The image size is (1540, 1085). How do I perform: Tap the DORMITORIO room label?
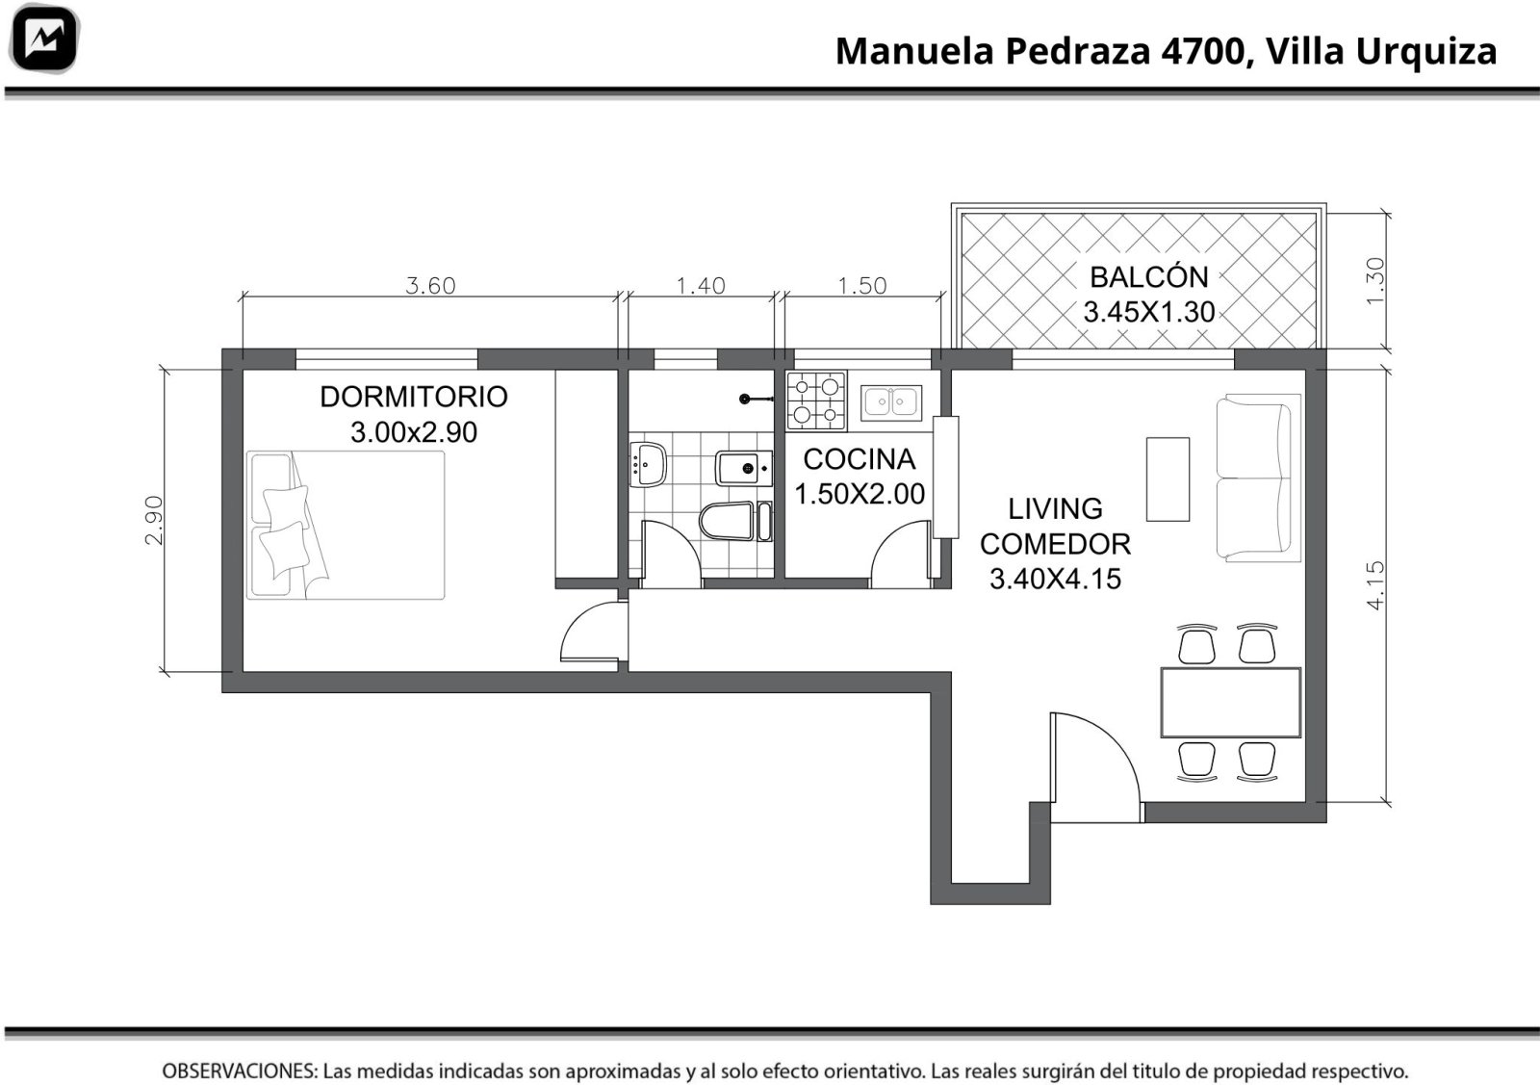pos(414,397)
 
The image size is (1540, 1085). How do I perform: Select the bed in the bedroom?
pos(346,525)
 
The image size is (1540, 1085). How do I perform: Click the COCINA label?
pos(859,459)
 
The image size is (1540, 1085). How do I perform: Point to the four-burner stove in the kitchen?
pos(816,400)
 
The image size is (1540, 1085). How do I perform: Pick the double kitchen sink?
pos(891,402)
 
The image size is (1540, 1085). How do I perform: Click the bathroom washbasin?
pos(647,464)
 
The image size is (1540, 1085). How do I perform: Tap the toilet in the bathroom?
pos(727,521)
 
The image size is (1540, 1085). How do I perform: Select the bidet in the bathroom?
pos(744,468)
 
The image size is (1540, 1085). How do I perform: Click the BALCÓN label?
pos(1149,277)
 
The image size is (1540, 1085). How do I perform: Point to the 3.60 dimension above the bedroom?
pos(430,285)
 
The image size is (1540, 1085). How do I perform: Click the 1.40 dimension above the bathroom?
pos(701,285)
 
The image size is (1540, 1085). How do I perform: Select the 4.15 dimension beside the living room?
pos(1375,585)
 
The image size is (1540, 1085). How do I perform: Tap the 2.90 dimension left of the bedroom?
pos(154,521)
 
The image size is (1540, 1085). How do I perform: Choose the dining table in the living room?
pos(1230,702)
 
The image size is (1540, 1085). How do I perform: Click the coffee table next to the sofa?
pos(1168,479)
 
